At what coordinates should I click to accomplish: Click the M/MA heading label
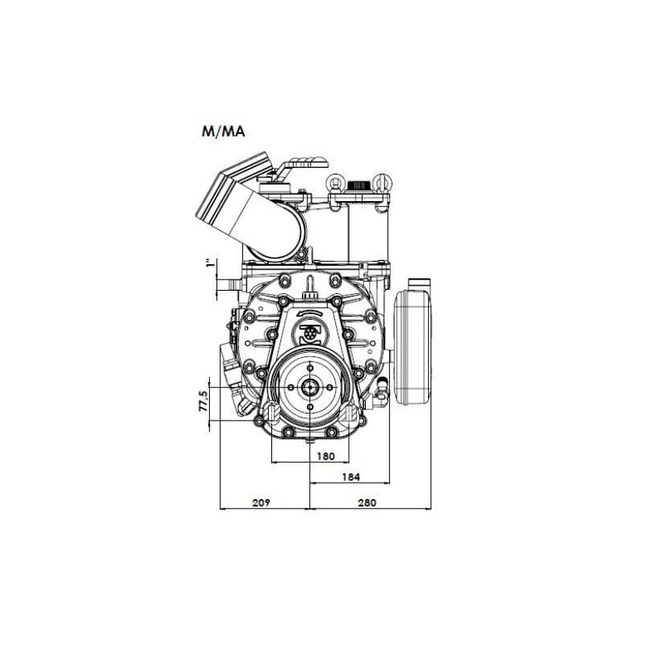(223, 132)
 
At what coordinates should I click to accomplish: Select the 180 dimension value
(325, 456)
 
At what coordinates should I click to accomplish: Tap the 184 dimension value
(350, 476)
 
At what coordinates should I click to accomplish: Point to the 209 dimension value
(261, 502)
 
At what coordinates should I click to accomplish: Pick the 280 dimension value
(367, 502)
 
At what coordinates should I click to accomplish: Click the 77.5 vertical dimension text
(203, 401)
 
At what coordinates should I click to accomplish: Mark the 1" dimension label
(210, 263)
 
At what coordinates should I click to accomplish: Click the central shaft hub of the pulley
(310, 388)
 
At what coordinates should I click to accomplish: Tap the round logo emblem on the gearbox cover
(312, 332)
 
